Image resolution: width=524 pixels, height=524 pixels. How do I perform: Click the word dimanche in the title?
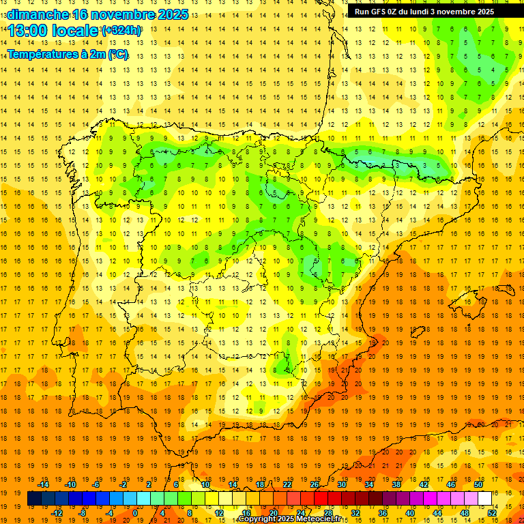38,14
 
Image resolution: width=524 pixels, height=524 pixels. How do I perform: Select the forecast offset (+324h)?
121,31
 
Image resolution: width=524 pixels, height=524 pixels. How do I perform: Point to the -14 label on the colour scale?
44,484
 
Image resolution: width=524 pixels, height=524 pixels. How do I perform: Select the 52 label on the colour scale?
492,512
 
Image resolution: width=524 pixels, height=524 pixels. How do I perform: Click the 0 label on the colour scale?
135,512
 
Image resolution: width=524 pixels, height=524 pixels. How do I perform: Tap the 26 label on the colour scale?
315,484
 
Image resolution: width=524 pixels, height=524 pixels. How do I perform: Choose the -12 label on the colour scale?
57,512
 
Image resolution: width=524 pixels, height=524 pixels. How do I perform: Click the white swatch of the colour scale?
485,498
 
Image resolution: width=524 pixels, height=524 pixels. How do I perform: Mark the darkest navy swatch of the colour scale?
34,498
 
